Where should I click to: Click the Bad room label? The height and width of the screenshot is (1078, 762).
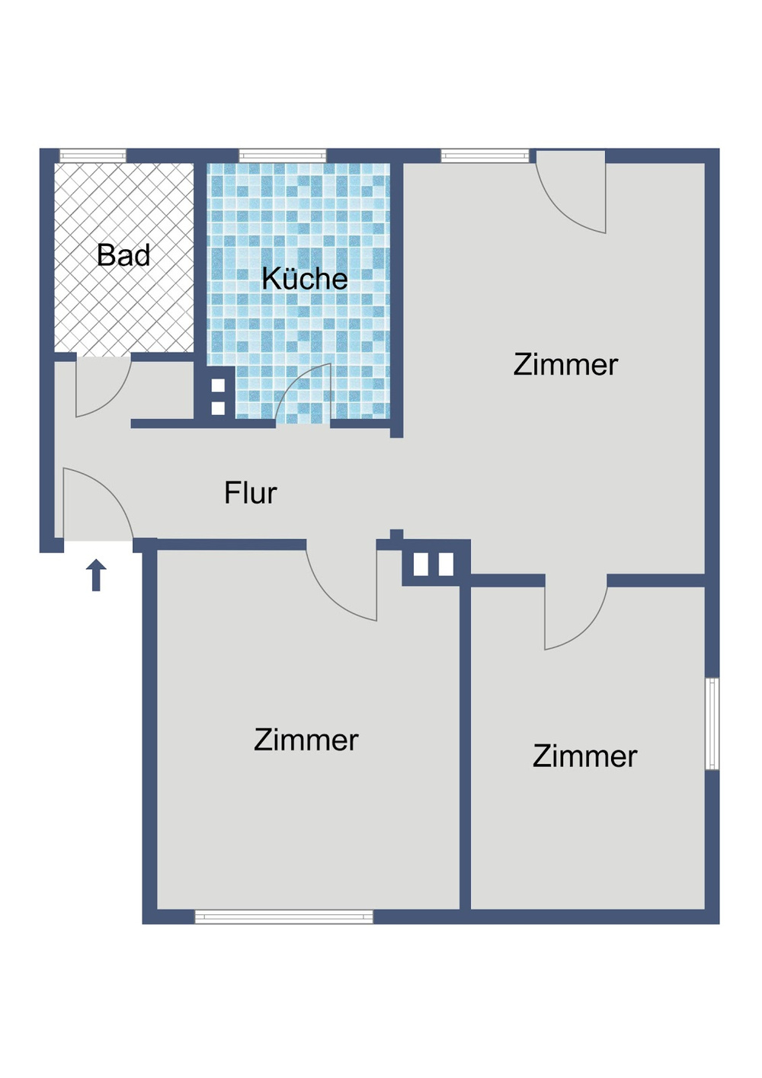click(123, 255)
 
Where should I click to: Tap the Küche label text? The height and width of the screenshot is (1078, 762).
click(304, 279)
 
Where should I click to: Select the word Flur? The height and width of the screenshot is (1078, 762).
click(250, 493)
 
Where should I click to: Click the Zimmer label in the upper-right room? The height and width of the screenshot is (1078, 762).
click(565, 365)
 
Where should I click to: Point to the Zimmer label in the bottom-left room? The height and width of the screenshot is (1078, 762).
click(306, 740)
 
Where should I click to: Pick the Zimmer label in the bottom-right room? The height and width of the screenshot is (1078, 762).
click(584, 757)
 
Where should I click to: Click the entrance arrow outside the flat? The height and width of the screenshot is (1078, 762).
click(96, 575)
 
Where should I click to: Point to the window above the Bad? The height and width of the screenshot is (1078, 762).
click(93, 155)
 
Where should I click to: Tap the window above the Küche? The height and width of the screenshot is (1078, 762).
click(283, 155)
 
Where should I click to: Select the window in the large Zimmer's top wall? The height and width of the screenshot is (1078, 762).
click(485, 155)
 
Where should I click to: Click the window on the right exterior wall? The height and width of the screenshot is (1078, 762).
click(712, 724)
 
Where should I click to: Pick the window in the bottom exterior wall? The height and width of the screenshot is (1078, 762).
click(284, 916)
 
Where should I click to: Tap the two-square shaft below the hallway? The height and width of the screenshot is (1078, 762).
click(433, 565)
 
